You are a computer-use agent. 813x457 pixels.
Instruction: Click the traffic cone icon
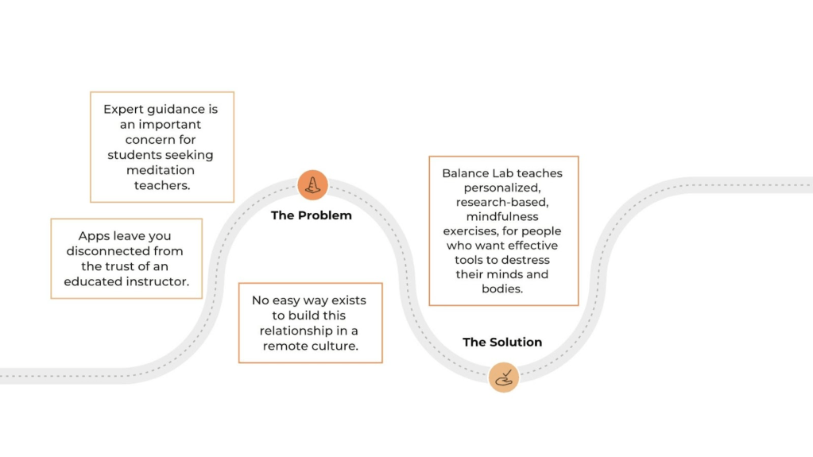(x=312, y=185)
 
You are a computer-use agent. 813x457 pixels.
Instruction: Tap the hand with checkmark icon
(x=504, y=377)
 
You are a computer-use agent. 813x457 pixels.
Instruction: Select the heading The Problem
(x=311, y=215)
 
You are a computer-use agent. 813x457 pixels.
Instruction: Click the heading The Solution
(x=502, y=343)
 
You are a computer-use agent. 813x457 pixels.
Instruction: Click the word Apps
(x=93, y=236)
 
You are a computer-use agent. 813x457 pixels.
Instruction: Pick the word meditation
(x=161, y=170)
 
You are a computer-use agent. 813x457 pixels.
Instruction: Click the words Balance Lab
(x=475, y=172)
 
